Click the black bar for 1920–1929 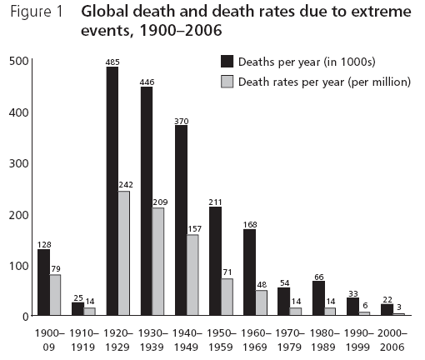coord(112,191)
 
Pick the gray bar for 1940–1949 coord(193,275)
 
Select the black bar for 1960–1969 coord(249,272)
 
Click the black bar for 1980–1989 coord(317,298)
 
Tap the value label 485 coord(112,62)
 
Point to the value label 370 coord(181,121)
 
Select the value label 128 coord(44,244)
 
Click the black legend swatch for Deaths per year coord(227,62)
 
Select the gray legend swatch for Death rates coord(227,81)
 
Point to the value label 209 coord(160,202)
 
